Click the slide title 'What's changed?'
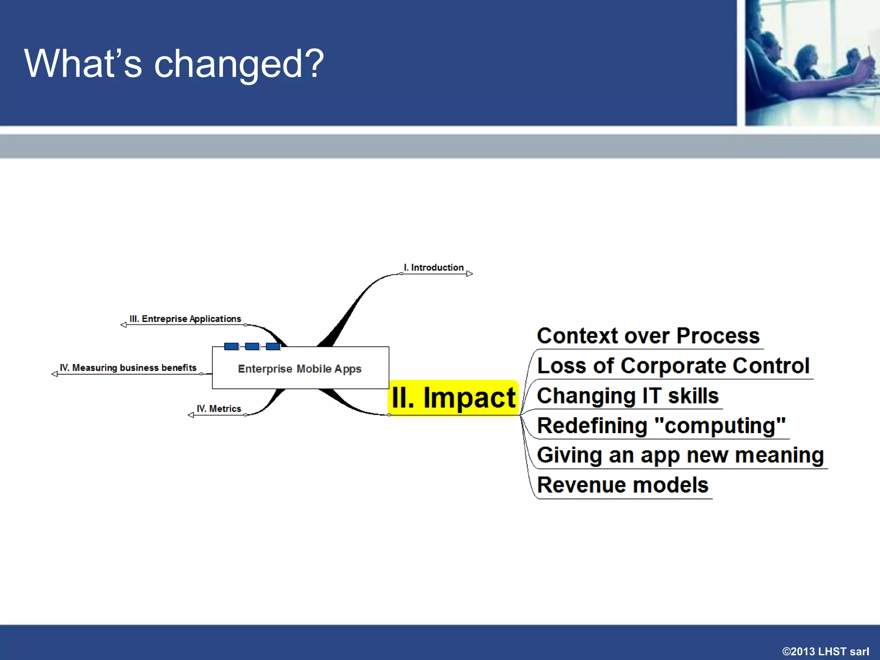click(174, 64)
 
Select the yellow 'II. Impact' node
click(453, 398)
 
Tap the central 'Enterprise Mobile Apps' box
click(300, 369)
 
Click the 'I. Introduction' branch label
click(434, 268)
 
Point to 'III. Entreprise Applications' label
click(185, 319)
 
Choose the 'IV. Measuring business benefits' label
click(128, 368)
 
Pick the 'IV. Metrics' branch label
click(219, 409)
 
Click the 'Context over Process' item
click(648, 336)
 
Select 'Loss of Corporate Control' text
click(673, 366)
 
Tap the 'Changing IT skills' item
click(627, 396)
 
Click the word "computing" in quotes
click(720, 426)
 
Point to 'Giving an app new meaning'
click(680, 455)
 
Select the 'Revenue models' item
click(623, 486)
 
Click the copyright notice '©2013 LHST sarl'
click(825, 651)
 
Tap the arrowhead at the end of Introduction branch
click(470, 274)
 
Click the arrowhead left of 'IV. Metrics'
click(191, 415)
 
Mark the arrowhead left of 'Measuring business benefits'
click(55, 374)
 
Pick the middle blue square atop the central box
click(252, 346)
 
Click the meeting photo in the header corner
click(812, 63)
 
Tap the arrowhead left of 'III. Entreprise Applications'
click(124, 325)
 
